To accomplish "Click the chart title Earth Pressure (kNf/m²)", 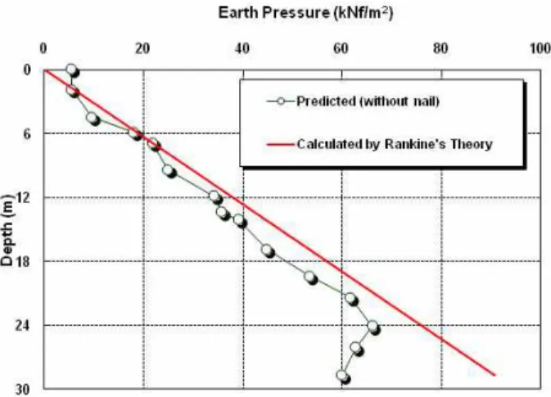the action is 305,13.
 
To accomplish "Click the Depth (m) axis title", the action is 7,229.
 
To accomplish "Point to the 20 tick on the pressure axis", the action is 142,48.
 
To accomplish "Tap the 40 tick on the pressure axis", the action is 242,48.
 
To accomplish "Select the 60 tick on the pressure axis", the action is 341,48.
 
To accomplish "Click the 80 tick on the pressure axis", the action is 440,48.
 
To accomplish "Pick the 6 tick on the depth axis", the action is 27,134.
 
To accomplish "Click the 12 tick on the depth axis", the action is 23,198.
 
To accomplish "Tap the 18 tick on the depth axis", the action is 23,262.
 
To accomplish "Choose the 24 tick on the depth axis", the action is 23,326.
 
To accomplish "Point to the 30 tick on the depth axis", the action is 23,390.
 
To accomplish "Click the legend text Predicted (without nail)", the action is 368,102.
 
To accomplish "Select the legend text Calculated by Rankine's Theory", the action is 395,144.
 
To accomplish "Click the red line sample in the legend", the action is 280,144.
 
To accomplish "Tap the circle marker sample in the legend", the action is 281,102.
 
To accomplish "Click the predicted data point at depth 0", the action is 72,70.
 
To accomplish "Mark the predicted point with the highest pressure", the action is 374,327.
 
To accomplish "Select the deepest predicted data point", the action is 343,377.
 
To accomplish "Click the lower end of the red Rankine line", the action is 495,375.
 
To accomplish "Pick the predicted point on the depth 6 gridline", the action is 134,134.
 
